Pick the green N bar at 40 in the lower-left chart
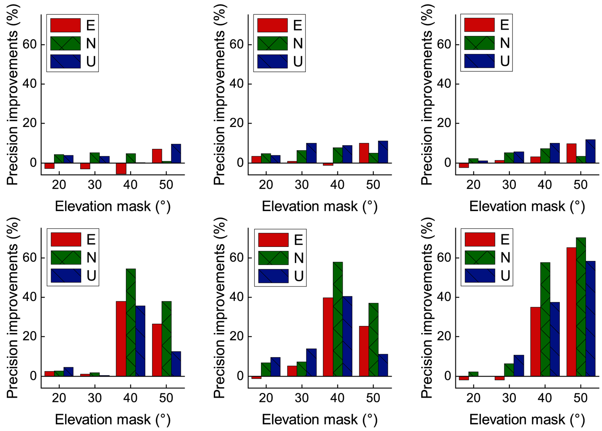pos(131,322)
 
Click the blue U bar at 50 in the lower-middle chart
pos(383,365)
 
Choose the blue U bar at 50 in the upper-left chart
pos(176,154)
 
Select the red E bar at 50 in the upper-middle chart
pos(364,153)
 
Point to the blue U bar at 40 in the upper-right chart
pos(554,153)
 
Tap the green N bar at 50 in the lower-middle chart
pos(373,339)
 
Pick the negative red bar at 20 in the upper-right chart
pos(464,165)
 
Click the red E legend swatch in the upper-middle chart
pos(272,25)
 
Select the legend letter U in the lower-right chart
pos(505,276)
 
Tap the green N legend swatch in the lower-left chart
pos(66,258)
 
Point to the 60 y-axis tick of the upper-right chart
pos(444,44)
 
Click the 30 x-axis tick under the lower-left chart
pos(95,398)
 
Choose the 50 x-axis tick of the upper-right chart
pos(580,184)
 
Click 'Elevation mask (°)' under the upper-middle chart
pos(320,206)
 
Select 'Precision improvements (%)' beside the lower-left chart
pos(13,308)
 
